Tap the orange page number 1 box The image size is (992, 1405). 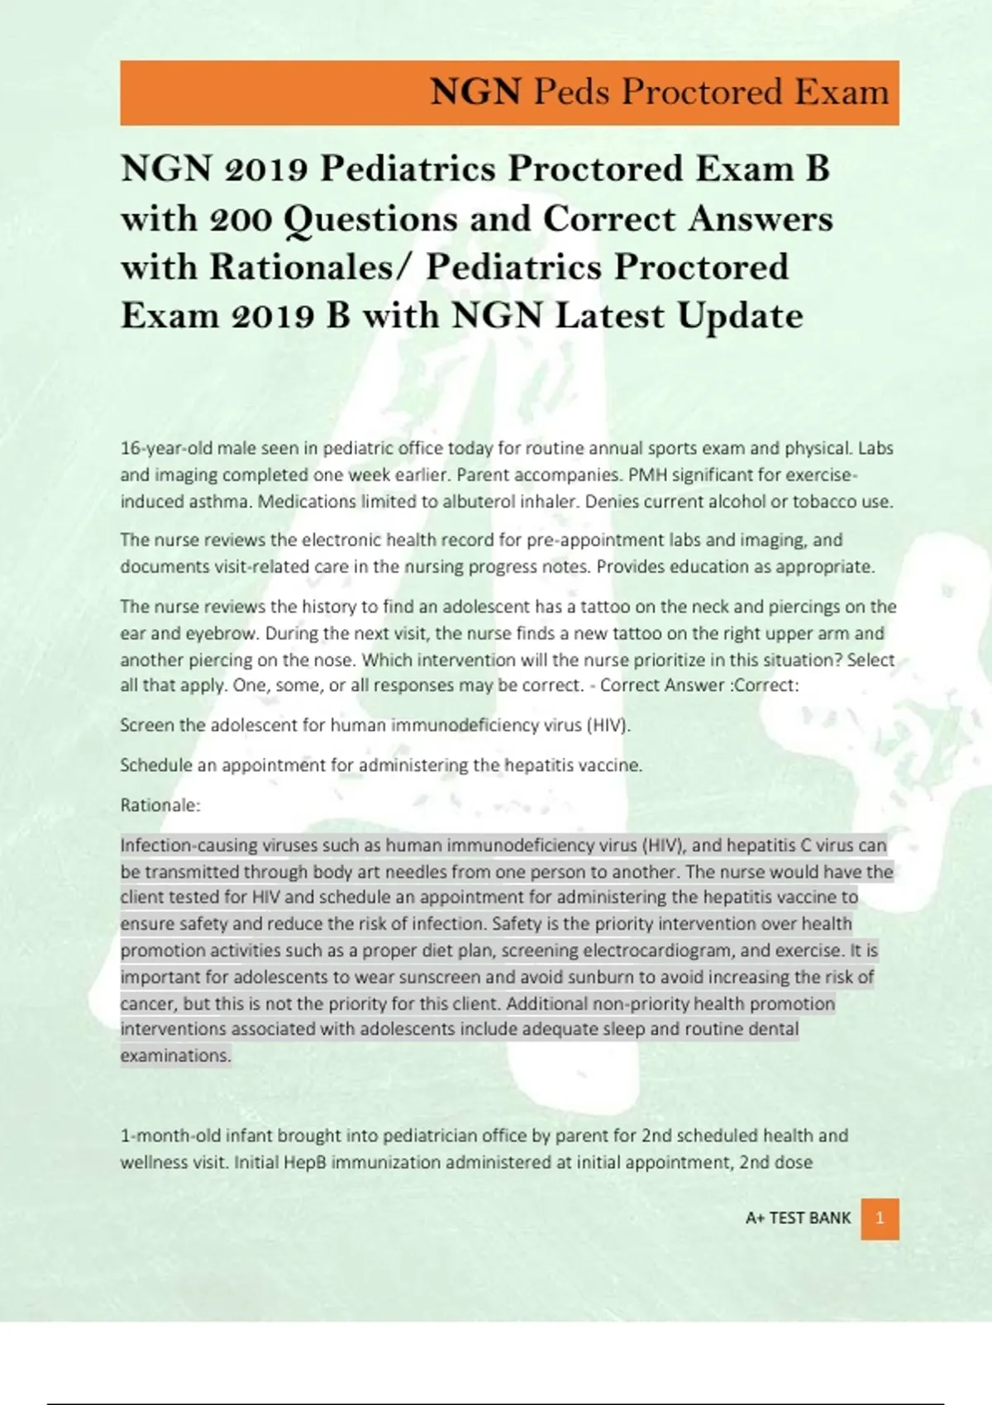pos(880,1218)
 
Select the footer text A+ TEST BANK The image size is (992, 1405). pos(798,1218)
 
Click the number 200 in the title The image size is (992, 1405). pos(241,219)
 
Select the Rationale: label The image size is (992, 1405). pos(160,805)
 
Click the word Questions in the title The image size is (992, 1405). pos(370,219)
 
